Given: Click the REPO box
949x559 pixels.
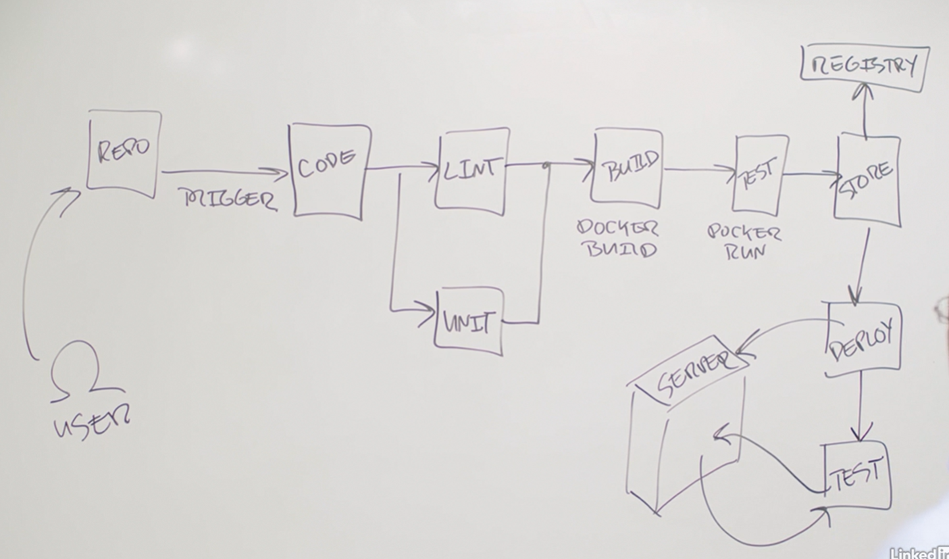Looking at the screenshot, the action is (x=124, y=153).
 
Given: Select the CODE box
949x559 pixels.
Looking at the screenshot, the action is (x=328, y=170).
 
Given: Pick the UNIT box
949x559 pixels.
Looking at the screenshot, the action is (x=468, y=321).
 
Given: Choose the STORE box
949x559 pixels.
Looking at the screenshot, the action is (x=867, y=178).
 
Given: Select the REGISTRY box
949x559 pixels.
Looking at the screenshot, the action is (x=865, y=66).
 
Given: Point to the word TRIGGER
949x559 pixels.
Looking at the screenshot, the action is (x=229, y=199).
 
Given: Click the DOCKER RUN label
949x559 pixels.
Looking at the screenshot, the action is (x=743, y=242).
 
